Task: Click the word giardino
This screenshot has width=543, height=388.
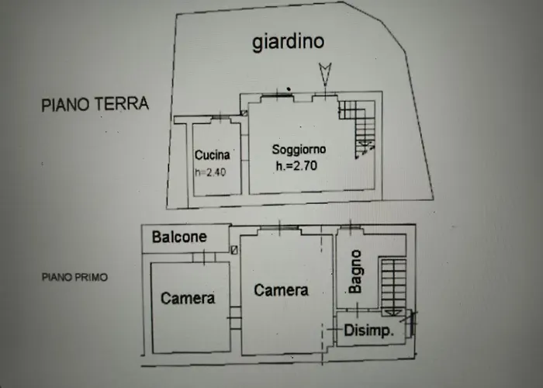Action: [288, 42]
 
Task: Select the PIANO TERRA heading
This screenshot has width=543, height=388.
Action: [95, 105]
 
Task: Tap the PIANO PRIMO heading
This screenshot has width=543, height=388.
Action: [75, 276]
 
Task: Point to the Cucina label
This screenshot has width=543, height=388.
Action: [212, 155]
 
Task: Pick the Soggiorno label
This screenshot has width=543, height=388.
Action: [299, 148]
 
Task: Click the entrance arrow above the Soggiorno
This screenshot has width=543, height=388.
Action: [325, 75]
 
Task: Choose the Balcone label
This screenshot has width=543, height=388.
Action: [179, 237]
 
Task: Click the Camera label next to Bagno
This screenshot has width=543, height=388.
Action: [281, 290]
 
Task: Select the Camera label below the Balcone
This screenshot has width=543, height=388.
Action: [188, 298]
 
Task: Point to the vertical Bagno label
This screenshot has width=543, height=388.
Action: [355, 271]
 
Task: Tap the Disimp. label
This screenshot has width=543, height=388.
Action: [369, 331]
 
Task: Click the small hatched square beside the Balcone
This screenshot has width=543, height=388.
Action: [234, 250]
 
